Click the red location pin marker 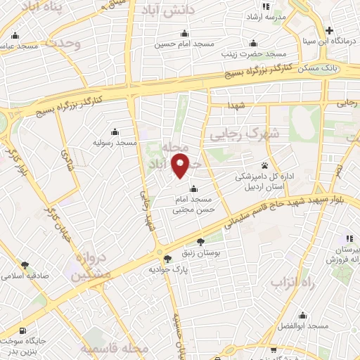181,167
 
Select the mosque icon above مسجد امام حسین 184,33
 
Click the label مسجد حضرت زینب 255,54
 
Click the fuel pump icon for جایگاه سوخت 25,331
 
